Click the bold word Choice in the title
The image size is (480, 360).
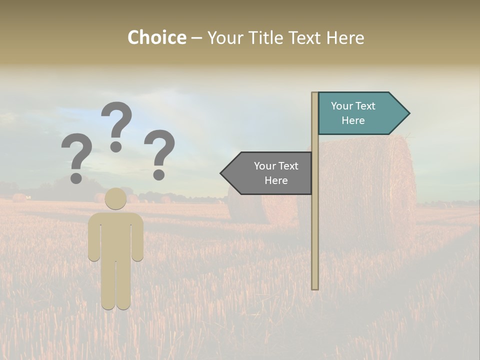click(x=156, y=37)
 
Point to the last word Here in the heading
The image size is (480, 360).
click(x=345, y=37)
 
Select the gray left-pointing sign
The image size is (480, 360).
click(x=270, y=173)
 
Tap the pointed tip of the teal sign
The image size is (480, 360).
click(x=408, y=113)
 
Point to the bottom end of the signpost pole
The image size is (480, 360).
click(x=315, y=287)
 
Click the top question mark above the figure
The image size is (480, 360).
click(x=116, y=125)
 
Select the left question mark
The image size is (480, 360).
click(x=76, y=156)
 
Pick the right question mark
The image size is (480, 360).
click(x=159, y=153)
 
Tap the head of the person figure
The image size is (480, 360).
click(x=116, y=198)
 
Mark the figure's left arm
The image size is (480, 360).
click(x=94, y=237)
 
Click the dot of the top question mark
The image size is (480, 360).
click(x=116, y=146)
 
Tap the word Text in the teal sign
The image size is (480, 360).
click(x=365, y=106)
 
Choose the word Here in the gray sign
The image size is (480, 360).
click(x=276, y=180)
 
